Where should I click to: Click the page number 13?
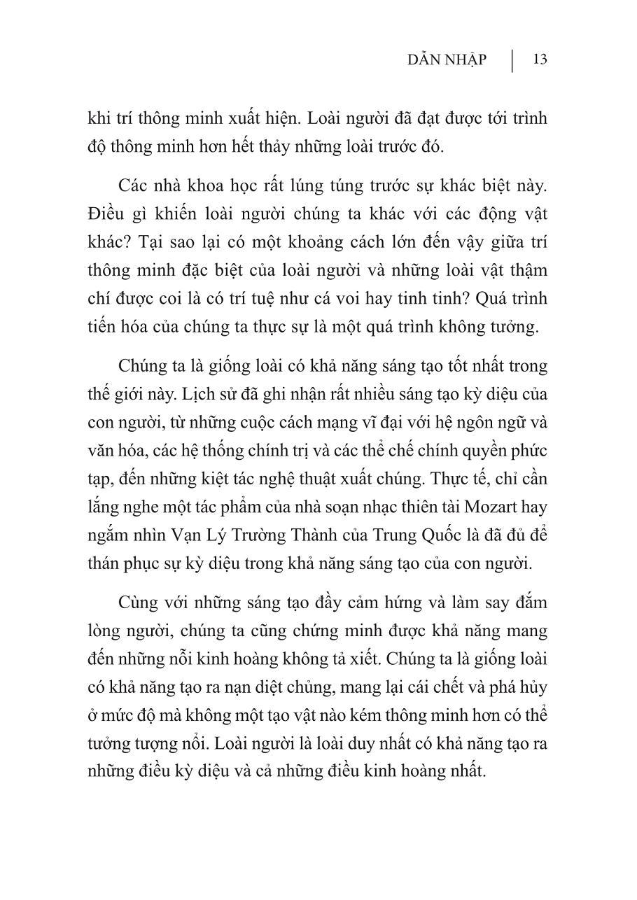pyautogui.click(x=539, y=59)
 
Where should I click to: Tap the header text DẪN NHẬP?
pyautogui.click(x=446, y=60)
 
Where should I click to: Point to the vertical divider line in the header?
pyautogui.click(x=512, y=60)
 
